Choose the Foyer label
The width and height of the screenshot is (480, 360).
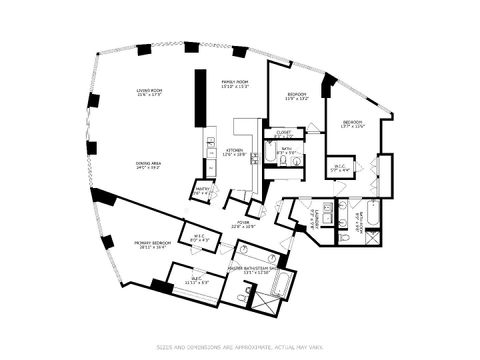pyautogui.click(x=243, y=224)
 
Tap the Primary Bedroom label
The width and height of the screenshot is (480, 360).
pyautogui.click(x=151, y=245)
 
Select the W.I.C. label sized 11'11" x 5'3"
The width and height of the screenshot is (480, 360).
pyautogui.click(x=195, y=281)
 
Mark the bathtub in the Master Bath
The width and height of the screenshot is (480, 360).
pyautogui.click(x=279, y=289)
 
